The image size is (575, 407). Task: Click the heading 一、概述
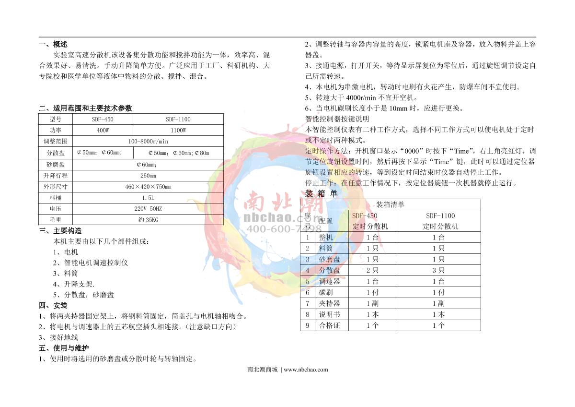click(x=53, y=44)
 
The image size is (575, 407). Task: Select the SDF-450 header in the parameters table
click(x=103, y=119)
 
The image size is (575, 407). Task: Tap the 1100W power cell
click(x=178, y=130)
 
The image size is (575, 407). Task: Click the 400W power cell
click(x=103, y=130)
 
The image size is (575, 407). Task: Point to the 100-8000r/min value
click(x=148, y=142)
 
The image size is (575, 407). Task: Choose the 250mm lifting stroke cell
click(x=148, y=175)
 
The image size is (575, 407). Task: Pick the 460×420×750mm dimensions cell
click(x=148, y=187)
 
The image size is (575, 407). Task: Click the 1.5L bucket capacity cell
click(x=148, y=198)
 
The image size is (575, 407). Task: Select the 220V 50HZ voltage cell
click(x=148, y=209)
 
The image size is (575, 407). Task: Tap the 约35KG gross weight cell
click(x=148, y=220)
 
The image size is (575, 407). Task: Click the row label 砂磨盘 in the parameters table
click(x=56, y=164)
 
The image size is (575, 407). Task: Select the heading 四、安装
click(x=53, y=306)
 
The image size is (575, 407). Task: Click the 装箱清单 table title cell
click(x=390, y=204)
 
